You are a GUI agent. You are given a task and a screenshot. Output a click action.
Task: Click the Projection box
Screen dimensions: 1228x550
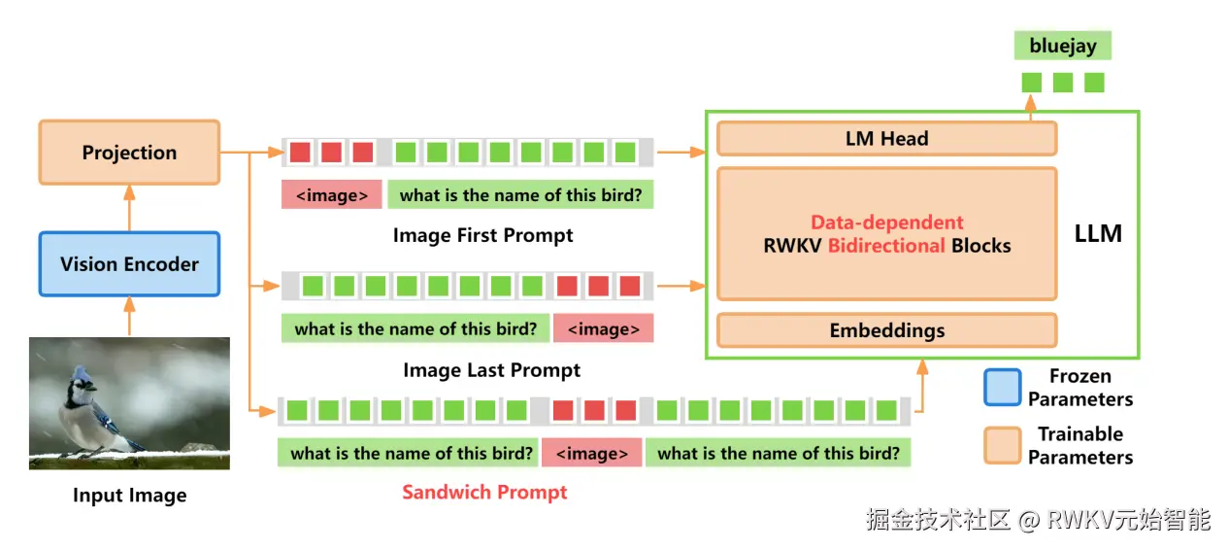129,152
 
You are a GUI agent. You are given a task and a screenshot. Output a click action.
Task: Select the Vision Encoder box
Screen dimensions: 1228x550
129,264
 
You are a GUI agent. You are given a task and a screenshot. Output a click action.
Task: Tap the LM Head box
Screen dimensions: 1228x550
886,138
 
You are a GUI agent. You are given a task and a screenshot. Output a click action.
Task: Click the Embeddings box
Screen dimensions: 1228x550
886,330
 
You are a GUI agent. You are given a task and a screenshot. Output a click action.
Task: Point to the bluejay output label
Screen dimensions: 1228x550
1062,46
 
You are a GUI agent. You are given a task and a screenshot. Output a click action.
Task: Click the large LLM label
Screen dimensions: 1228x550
1098,234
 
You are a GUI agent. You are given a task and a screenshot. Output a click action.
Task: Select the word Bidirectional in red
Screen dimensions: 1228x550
886,246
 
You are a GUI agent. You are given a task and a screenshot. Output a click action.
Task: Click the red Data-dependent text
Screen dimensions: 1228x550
886,223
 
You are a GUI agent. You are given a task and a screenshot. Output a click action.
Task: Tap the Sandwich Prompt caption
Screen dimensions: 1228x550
484,493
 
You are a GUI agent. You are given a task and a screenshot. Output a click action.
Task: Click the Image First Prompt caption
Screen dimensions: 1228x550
482,235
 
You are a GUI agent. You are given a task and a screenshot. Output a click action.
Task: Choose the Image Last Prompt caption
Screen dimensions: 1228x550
491,370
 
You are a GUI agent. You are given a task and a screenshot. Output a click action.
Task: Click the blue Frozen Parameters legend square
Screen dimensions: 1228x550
1002,387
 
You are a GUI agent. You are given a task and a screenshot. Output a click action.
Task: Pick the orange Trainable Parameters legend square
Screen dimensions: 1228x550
1002,445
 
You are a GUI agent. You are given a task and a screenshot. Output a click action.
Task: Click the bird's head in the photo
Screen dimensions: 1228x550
82,379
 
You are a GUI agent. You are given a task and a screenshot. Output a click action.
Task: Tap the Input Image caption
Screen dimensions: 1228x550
129,496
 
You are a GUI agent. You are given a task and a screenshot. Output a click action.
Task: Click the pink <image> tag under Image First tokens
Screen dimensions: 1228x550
332,195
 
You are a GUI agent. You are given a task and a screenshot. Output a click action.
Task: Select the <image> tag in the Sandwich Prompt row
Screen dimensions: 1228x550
591,454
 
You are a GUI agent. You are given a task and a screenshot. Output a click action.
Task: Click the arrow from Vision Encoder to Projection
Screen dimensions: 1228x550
129,208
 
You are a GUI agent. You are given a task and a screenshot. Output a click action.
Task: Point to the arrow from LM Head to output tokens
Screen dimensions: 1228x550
1031,108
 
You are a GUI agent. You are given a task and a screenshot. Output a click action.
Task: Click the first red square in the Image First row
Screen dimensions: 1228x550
300,152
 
